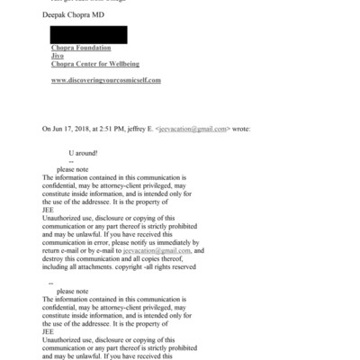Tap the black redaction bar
(x=88, y=35)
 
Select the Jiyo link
(x=58, y=55)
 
